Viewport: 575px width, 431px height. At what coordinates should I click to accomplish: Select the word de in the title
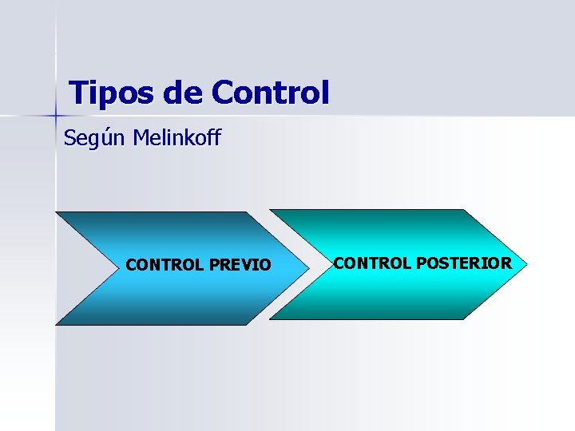click(183, 93)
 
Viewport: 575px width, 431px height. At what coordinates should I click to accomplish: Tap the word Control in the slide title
click(270, 93)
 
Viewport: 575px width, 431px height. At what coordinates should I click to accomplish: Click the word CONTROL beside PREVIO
click(165, 264)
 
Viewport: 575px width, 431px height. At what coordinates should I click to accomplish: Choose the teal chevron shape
click(399, 295)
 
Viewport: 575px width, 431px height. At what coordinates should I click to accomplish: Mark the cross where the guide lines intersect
click(55, 117)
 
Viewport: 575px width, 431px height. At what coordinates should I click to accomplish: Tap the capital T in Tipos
click(77, 93)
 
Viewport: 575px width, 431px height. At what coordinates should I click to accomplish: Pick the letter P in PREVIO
click(213, 264)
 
